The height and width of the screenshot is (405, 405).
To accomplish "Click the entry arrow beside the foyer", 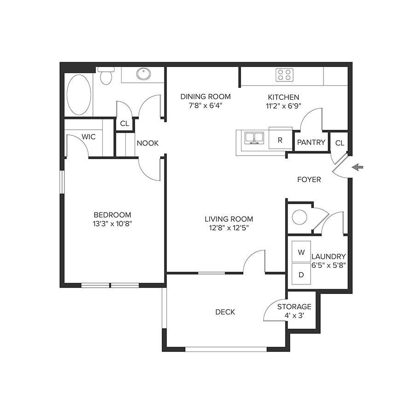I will click(357, 167).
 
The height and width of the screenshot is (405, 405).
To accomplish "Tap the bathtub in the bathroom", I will click(79, 95).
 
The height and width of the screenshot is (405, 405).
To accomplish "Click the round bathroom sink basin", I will click(144, 74).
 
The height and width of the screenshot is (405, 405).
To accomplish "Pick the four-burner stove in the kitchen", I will click(284, 75).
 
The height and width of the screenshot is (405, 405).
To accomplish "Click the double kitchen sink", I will click(254, 138).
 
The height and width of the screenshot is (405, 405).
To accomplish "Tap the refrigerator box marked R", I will click(280, 140).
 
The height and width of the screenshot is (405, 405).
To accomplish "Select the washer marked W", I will click(301, 252).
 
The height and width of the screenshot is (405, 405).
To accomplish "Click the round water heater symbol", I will click(300, 217).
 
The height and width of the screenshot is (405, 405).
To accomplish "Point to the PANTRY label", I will click(311, 143).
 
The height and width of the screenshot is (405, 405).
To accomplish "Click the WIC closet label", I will click(88, 137).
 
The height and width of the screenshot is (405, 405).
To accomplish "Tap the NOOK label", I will click(147, 143).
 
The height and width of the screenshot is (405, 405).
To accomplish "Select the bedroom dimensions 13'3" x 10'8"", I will click(112, 224).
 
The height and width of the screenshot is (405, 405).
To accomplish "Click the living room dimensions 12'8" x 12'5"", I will click(229, 228).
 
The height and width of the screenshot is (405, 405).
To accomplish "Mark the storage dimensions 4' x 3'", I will click(294, 316).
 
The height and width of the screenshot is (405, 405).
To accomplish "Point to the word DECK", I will click(225, 312).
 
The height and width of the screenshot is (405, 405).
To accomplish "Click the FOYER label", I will click(309, 179).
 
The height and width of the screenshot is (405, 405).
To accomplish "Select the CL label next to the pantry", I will click(339, 143).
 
